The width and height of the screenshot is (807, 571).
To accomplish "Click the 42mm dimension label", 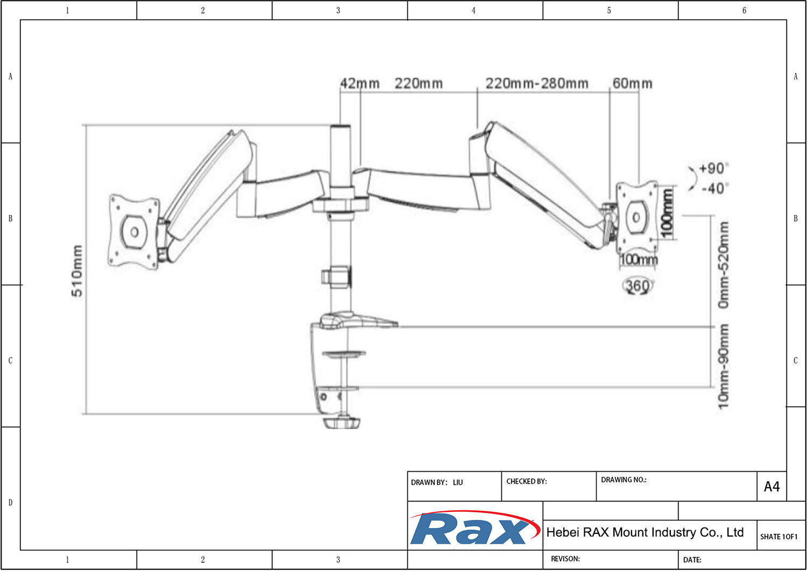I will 359,83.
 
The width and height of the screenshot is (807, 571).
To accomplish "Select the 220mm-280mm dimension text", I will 536,83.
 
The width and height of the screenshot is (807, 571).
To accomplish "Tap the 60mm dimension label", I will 632,83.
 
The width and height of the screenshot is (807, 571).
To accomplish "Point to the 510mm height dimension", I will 77,270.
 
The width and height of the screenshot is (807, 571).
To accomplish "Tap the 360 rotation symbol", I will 638,285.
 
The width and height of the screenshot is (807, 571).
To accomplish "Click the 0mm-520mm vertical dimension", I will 724,265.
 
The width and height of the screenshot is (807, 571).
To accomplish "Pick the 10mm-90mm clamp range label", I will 724,366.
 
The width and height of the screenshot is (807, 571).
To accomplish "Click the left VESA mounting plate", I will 134,232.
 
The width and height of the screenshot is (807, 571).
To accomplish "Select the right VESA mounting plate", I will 637,217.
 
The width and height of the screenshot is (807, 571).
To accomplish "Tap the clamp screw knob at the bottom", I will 342,423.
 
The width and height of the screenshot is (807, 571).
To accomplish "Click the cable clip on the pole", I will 336,276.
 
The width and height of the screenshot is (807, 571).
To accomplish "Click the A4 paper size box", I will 771,487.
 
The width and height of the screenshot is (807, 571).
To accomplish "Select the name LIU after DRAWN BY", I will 458,482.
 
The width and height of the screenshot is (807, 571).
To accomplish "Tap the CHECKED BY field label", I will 526,481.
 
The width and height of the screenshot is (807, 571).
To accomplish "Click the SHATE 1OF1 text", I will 778,536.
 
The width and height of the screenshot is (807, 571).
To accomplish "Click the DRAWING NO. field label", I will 623,480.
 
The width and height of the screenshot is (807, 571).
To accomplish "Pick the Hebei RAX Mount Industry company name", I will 645,532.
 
